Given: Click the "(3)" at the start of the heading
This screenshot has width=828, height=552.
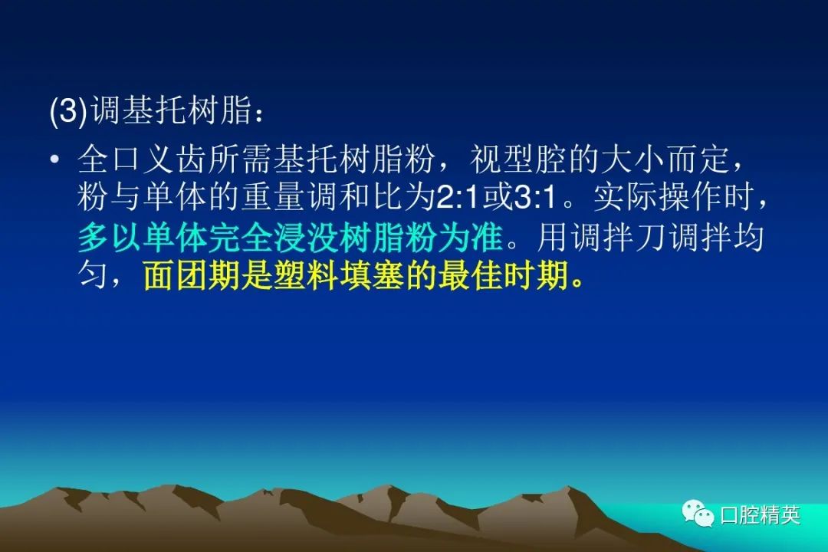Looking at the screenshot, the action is point(68,111).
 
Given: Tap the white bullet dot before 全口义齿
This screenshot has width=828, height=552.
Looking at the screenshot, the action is point(54,159).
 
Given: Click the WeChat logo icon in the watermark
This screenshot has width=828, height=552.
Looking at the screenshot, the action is point(698,514).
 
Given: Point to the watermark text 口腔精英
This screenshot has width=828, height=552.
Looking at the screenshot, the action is point(761,515).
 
